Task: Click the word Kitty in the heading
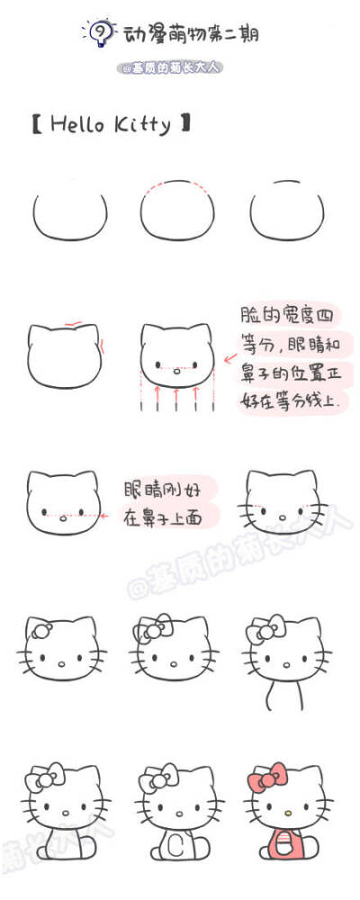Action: point(139,124)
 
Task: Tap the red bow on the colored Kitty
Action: point(266,777)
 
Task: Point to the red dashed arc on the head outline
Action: point(177,186)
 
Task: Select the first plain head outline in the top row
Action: point(70,214)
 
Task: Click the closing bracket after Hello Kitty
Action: point(186,124)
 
